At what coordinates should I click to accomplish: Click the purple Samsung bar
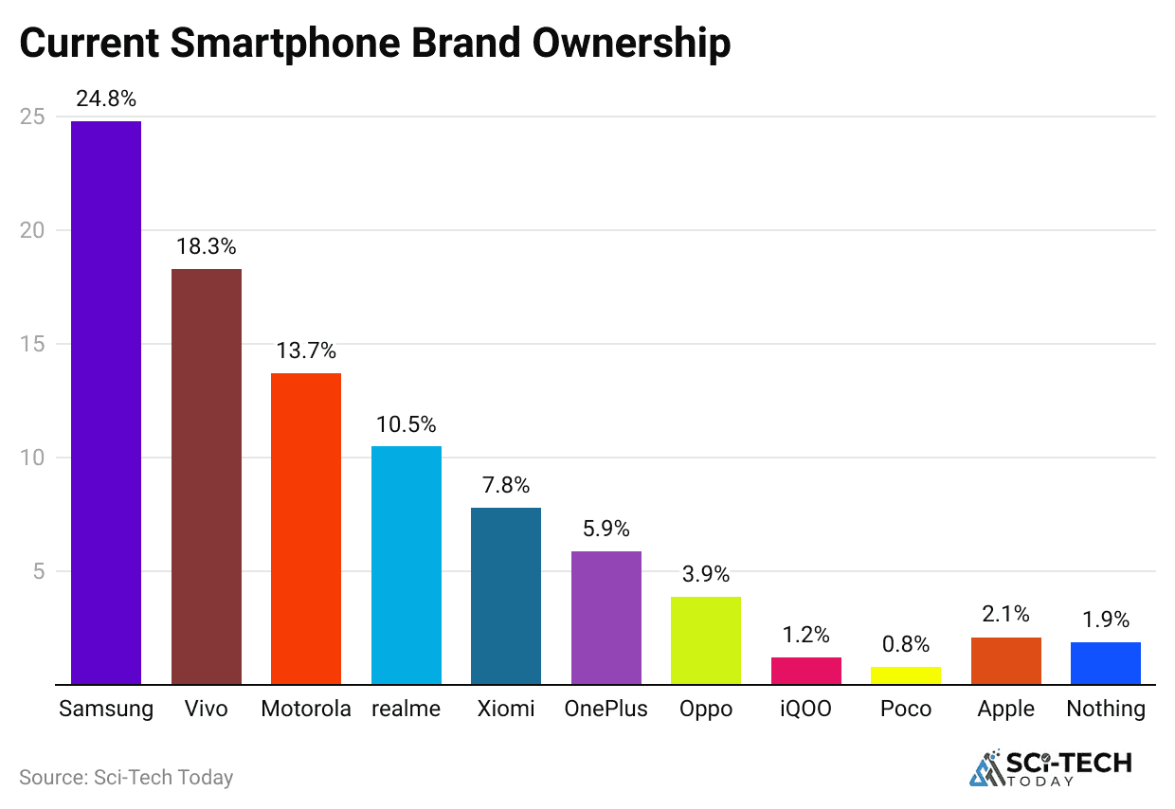106,403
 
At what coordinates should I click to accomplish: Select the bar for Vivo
206,476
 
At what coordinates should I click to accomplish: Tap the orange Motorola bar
306,529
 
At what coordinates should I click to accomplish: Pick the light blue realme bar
406,565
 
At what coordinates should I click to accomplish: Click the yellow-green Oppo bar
705,640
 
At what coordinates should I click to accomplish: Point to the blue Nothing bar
1105,663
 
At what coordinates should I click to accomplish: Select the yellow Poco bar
905,675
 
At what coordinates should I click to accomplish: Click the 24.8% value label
106,99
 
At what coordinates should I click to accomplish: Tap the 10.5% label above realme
406,423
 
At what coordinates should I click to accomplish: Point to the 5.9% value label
606,529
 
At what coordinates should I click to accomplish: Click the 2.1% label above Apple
1005,615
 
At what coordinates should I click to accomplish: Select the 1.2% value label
805,635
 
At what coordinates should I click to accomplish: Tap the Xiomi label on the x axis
505,709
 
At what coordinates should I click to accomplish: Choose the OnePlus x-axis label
606,709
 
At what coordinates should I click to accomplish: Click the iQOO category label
805,709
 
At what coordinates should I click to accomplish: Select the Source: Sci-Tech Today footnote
126,778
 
